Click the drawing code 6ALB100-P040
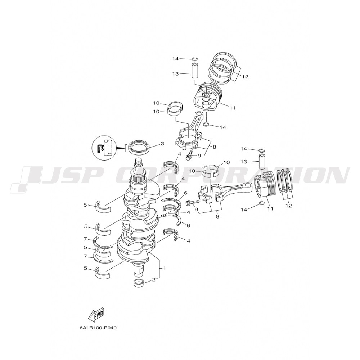pyautogui.click(x=98, y=328)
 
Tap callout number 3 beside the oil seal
pyautogui.click(x=162, y=144)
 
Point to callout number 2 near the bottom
pyautogui.click(x=154, y=279)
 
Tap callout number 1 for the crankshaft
pyautogui.click(x=164, y=268)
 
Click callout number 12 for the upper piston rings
pyautogui.click(x=245, y=77)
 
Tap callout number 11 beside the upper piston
pyautogui.click(x=233, y=108)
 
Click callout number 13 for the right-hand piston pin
pyautogui.click(x=244, y=162)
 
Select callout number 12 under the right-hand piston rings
pyautogui.click(x=289, y=206)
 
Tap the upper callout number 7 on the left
pyautogui.click(x=85, y=239)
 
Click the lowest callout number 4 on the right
pyautogui.click(x=189, y=241)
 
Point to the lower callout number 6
pyautogui.click(x=189, y=225)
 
